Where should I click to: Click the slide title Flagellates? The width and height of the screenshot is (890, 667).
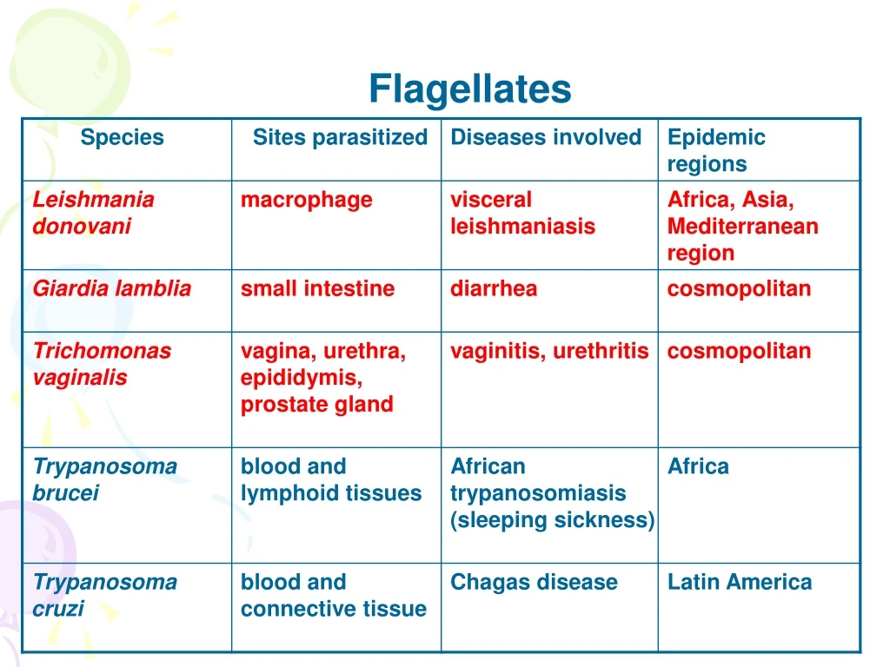tap(469, 89)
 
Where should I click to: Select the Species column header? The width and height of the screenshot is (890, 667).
tap(122, 137)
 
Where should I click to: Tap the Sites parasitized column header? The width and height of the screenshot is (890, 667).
tap(340, 137)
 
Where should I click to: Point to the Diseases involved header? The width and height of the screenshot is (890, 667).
tap(546, 137)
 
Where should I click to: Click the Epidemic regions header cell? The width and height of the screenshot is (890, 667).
tap(716, 150)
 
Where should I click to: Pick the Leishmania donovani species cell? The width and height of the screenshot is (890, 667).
tap(93, 213)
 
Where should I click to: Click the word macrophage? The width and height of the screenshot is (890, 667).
tap(306, 200)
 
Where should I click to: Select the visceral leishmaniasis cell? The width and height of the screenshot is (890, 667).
tap(522, 213)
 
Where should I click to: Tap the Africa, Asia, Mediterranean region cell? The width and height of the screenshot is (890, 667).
tap(742, 226)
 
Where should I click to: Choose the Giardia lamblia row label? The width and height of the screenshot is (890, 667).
tap(111, 289)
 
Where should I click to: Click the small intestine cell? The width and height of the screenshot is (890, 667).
tap(317, 289)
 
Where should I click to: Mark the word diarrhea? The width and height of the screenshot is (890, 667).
tap(494, 289)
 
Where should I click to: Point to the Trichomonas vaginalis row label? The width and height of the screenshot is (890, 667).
tap(102, 364)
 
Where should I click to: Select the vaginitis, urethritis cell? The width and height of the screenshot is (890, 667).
tap(549, 351)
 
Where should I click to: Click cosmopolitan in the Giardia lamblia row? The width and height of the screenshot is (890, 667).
tap(739, 289)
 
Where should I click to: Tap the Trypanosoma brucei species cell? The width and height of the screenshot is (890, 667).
tap(104, 479)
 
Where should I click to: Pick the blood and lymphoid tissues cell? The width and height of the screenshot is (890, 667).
tap(330, 479)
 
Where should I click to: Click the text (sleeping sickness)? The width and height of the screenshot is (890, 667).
tap(552, 520)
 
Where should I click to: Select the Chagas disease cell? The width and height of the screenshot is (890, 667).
tap(534, 582)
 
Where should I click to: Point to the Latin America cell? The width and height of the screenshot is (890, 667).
tap(739, 582)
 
